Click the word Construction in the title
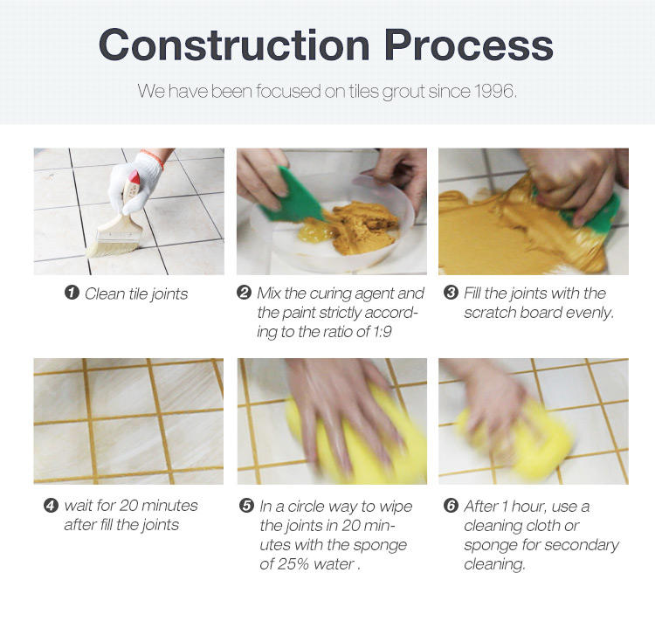tap(234, 45)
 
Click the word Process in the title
tap(469, 45)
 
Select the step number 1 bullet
tap(72, 293)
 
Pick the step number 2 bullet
tap(244, 292)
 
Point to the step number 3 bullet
tap(451, 292)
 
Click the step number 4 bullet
tap(51, 506)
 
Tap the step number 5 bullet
tap(246, 506)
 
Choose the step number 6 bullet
tap(451, 506)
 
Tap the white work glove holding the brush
tap(134, 182)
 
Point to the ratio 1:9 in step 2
tap(383, 332)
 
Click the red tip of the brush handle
tap(134, 177)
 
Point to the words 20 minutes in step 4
tap(158, 506)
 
